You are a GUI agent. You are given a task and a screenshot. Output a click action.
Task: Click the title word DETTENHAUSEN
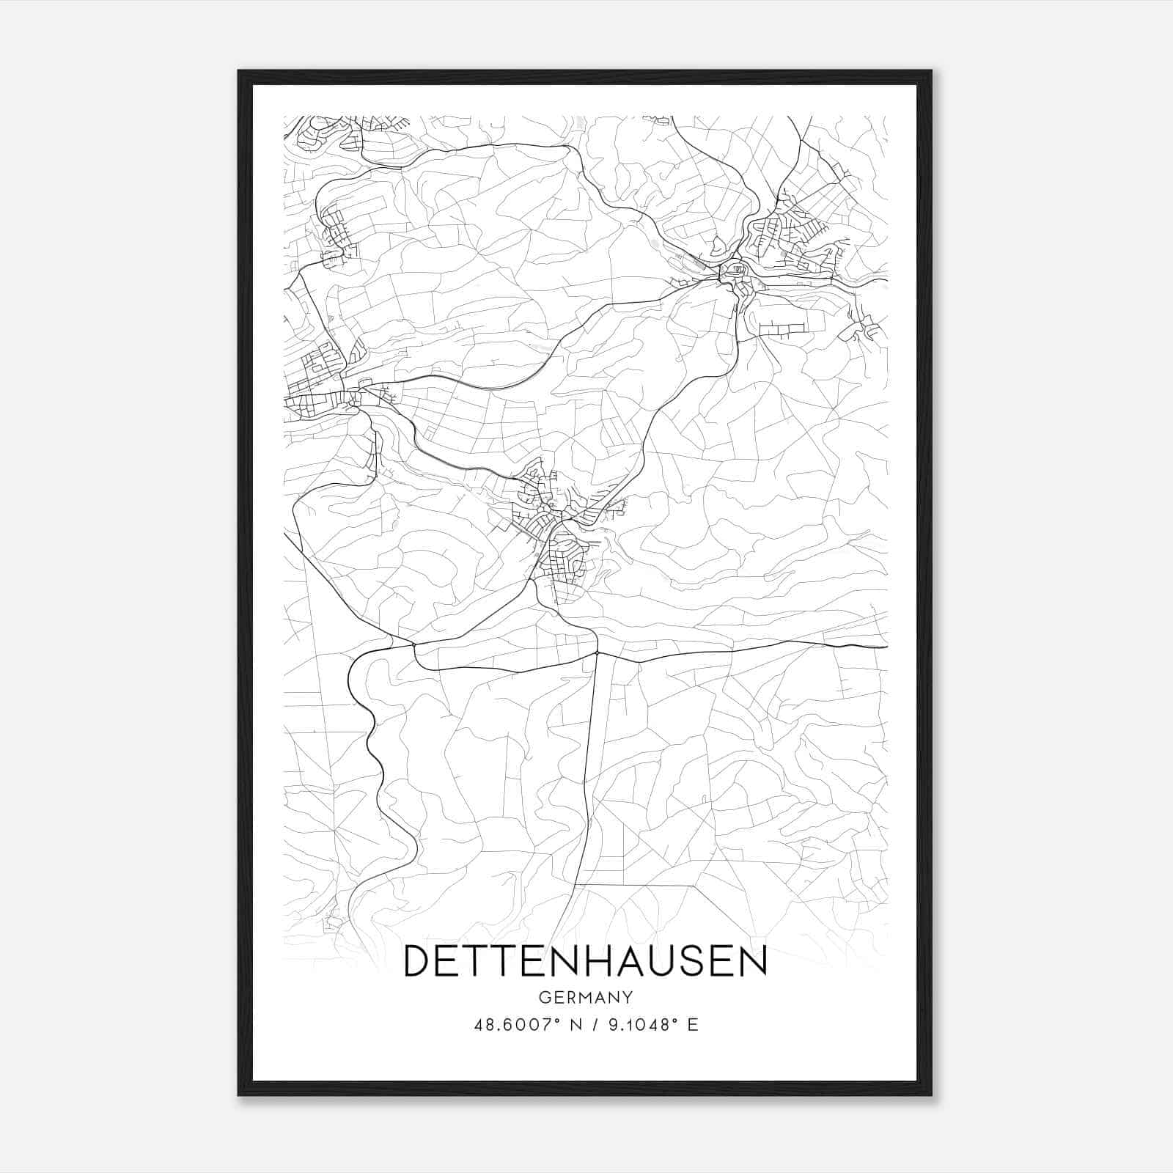(585, 960)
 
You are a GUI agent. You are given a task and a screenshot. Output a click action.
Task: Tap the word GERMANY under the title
(585, 998)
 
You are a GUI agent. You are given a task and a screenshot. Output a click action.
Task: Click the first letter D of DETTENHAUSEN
(417, 960)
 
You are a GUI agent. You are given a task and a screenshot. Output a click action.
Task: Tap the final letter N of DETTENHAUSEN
(751, 960)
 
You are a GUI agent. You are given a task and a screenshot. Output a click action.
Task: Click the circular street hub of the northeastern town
(733, 271)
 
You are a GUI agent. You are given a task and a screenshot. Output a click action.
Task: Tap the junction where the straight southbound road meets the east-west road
(597, 652)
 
